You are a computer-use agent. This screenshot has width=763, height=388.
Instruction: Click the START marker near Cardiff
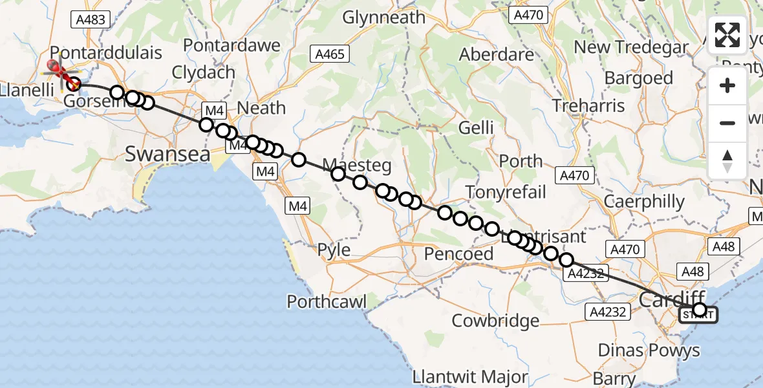point(698,315)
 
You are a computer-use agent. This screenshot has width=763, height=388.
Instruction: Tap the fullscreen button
point(727,36)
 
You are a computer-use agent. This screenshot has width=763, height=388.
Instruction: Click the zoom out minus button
point(727,123)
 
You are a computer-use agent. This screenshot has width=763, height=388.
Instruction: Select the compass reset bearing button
point(727,160)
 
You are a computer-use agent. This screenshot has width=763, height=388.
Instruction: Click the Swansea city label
point(167,155)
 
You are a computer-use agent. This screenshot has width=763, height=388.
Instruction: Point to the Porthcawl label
point(327,301)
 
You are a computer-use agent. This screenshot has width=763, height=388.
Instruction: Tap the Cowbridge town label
point(495,320)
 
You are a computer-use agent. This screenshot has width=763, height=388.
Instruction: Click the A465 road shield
point(329,54)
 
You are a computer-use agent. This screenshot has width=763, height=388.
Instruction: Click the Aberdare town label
point(497,55)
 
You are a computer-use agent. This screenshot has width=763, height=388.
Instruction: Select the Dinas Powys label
point(649,350)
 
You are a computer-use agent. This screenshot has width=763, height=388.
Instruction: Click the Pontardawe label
point(232,45)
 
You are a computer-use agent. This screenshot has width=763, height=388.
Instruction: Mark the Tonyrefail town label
point(506,191)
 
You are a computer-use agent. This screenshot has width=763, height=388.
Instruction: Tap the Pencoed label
point(458,254)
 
